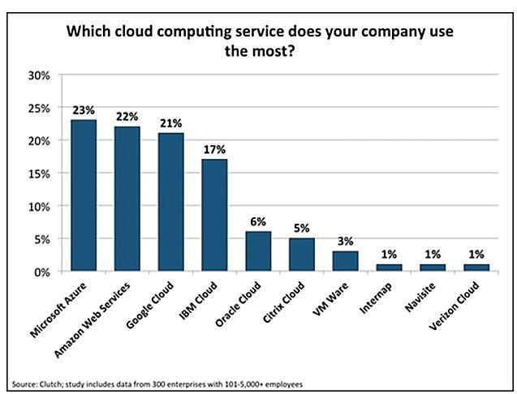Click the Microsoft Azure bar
pyautogui.click(x=84, y=195)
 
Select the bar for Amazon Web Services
pyautogui.click(x=127, y=199)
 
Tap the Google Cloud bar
pyautogui.click(x=170, y=202)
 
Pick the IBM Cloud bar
pyautogui.click(x=214, y=215)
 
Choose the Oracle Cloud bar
pyautogui.click(x=258, y=251)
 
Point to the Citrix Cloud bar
pyautogui.click(x=302, y=255)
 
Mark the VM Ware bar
pyautogui.click(x=346, y=261)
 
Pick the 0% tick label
pyautogui.click(x=43, y=272)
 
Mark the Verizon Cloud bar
pyautogui.click(x=476, y=268)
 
